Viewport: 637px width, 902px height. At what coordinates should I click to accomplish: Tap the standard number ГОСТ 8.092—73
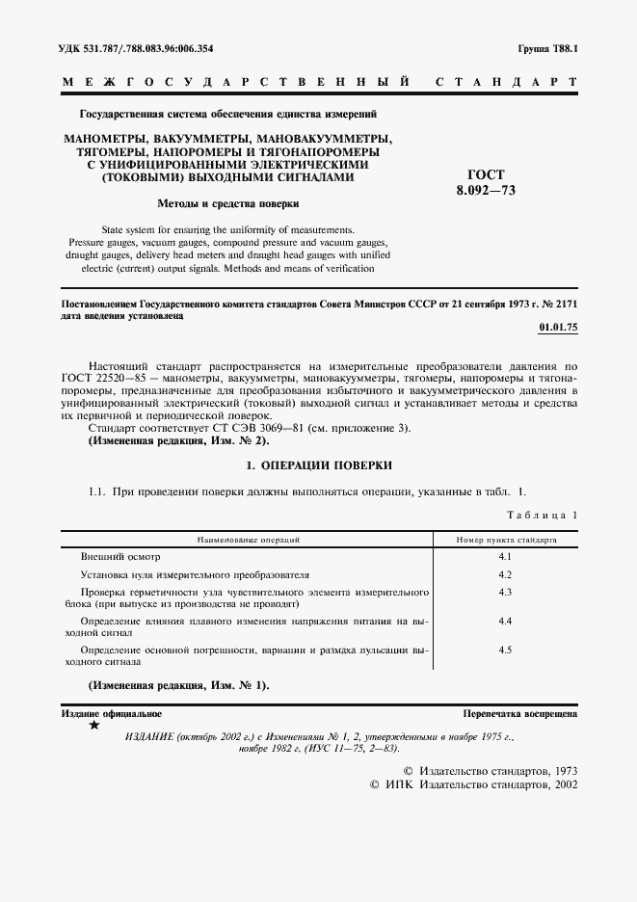click(x=486, y=183)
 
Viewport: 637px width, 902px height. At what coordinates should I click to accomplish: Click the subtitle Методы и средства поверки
click(x=227, y=203)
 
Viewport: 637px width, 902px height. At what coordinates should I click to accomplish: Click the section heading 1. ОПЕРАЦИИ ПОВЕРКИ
click(x=319, y=465)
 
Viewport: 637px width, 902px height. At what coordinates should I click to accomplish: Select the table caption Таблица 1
click(x=544, y=516)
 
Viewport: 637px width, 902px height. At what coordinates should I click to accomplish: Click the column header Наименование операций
click(x=248, y=541)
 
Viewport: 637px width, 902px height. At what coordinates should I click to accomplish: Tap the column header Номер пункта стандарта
click(x=506, y=541)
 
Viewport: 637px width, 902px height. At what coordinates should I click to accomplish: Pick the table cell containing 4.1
click(x=505, y=558)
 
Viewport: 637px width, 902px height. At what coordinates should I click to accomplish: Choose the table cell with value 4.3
click(x=505, y=591)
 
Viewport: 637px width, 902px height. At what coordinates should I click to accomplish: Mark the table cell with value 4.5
click(x=505, y=650)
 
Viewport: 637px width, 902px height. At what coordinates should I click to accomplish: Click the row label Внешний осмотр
click(x=120, y=558)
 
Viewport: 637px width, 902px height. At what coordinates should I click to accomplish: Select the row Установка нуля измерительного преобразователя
click(x=195, y=574)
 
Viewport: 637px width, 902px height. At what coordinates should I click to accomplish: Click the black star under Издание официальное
click(x=93, y=725)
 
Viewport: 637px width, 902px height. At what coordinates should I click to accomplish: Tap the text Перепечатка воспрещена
click(x=519, y=714)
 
